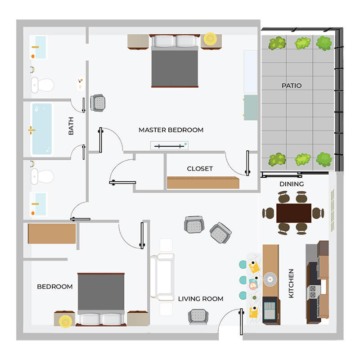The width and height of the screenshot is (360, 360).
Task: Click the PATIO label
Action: [292, 85]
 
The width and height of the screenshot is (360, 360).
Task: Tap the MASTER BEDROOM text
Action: [171, 130]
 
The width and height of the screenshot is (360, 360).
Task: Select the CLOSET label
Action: [200, 169]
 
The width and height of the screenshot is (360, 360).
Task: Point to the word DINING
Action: [292, 184]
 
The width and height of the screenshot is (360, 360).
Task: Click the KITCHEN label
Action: [291, 283]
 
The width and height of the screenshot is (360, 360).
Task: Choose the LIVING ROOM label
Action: [201, 299]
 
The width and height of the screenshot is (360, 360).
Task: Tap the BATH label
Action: [71, 126]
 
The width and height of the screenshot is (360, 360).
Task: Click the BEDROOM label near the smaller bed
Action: [55, 287]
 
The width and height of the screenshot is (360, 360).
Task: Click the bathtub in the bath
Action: [41, 129]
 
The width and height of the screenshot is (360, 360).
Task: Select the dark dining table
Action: [293, 213]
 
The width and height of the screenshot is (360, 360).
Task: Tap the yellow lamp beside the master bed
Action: [210, 39]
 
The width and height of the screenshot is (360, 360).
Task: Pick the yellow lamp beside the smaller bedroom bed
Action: [66, 321]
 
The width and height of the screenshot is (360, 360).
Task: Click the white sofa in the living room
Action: [162, 277]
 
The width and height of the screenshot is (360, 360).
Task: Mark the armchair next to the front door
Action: [198, 316]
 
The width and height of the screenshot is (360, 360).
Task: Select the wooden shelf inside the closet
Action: [203, 182]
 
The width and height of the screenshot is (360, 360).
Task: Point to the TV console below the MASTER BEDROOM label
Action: [169, 145]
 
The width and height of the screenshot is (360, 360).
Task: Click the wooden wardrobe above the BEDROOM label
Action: [52, 234]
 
